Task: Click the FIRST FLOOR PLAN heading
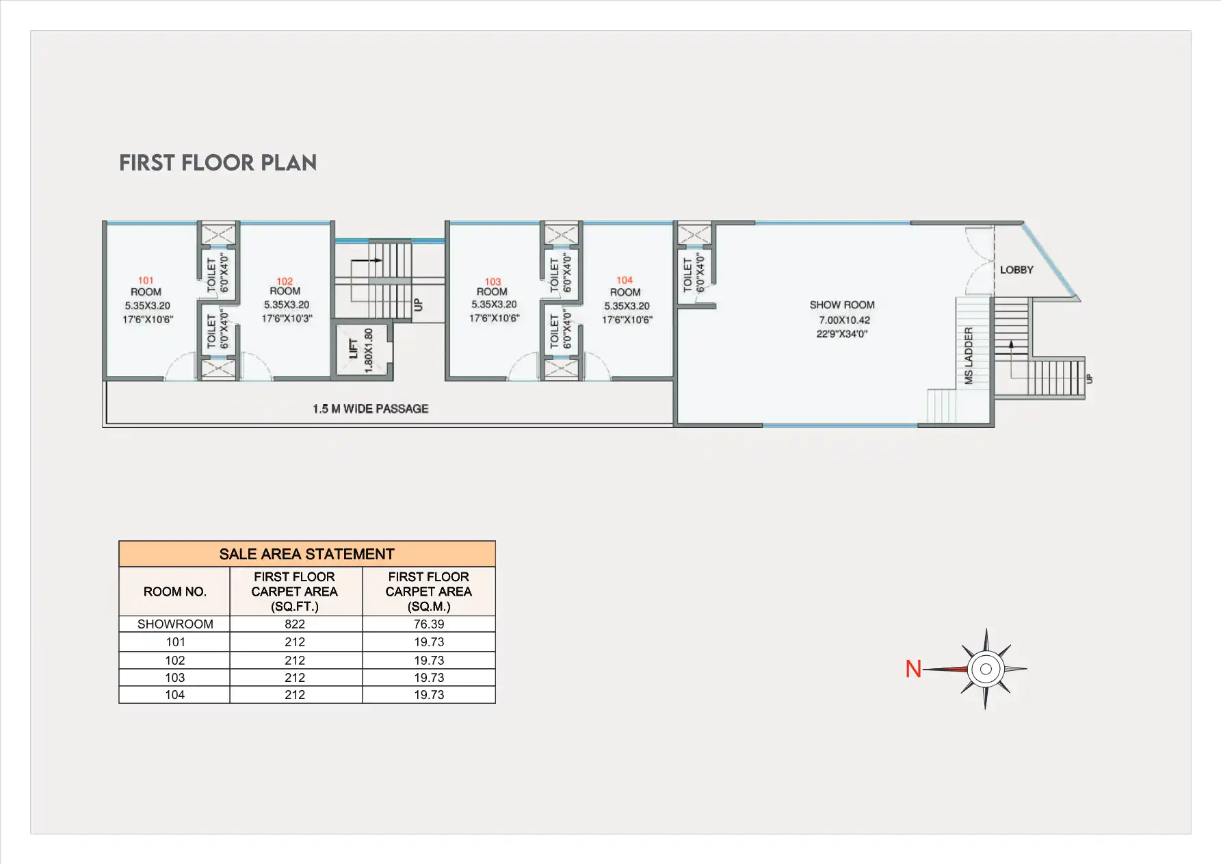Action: pyautogui.click(x=218, y=163)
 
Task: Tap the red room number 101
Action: pyautogui.click(x=146, y=280)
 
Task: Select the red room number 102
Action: pyautogui.click(x=285, y=281)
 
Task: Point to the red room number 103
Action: pyautogui.click(x=493, y=281)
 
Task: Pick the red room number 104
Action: pyautogui.click(x=625, y=280)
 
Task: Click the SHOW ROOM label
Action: pyautogui.click(x=842, y=305)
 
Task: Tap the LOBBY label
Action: pyautogui.click(x=1016, y=270)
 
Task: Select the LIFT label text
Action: pyautogui.click(x=354, y=348)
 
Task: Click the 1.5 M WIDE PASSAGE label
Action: pyautogui.click(x=371, y=409)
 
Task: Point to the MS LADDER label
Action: pyautogui.click(x=969, y=355)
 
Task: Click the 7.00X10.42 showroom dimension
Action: pyautogui.click(x=845, y=320)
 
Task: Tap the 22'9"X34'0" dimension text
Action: pyautogui.click(x=842, y=334)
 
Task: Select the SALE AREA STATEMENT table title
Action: pyautogui.click(x=306, y=554)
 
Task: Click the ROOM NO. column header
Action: pyautogui.click(x=175, y=592)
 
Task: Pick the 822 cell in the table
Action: pyautogui.click(x=295, y=624)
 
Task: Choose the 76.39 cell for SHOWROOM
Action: pyautogui.click(x=429, y=624)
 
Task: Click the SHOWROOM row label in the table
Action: pyautogui.click(x=175, y=624)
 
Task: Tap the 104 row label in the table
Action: pyautogui.click(x=174, y=695)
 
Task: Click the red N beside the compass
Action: pyautogui.click(x=913, y=669)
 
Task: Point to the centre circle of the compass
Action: pyautogui.click(x=986, y=669)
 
